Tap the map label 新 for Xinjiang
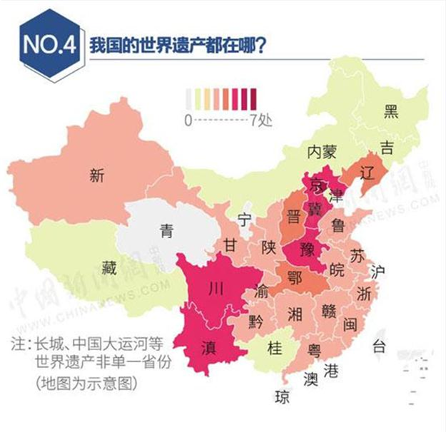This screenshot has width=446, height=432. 97,176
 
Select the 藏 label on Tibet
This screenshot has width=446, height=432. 108,268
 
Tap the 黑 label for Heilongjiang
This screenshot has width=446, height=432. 391,110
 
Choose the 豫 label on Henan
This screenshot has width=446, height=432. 306,250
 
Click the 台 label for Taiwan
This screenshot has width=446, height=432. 379,347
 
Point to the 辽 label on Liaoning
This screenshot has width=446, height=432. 368,172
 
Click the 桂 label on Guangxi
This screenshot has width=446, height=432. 275,347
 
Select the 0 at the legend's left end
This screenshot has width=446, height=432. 188,120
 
